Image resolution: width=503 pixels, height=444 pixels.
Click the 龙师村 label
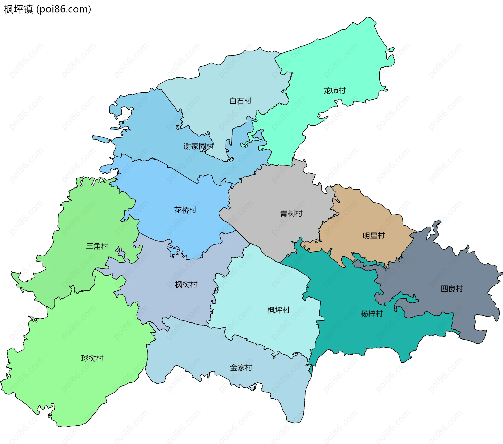point(334,91)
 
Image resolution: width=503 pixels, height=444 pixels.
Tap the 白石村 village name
point(240,101)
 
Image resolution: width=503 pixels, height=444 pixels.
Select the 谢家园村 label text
point(198,146)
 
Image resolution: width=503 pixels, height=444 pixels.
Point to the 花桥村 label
point(185,210)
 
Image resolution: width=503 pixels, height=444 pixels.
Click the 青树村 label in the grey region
point(291,214)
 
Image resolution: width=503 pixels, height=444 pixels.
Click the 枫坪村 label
point(278,310)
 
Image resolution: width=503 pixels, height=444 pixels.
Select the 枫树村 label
point(186,285)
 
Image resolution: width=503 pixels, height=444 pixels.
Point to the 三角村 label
point(97,246)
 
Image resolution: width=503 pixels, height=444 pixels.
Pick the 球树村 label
point(92,358)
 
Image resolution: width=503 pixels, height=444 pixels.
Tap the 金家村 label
point(241,368)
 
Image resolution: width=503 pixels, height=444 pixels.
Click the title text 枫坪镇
point(18,9)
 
